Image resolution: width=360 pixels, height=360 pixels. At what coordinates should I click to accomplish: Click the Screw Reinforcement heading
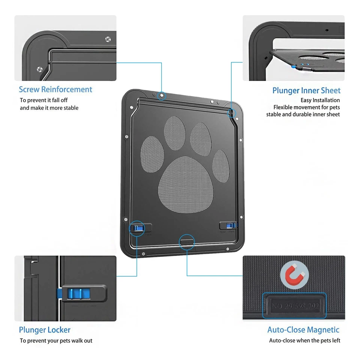(55, 89)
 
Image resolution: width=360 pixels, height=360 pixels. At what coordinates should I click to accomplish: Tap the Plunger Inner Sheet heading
(306, 90)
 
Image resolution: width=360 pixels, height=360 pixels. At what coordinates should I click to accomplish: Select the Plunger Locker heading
(45, 330)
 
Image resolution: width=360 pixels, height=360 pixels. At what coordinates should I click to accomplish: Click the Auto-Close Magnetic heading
(303, 330)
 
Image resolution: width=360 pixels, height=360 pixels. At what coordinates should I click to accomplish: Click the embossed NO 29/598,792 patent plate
(294, 306)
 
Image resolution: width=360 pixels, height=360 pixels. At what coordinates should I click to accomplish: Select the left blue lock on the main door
(137, 228)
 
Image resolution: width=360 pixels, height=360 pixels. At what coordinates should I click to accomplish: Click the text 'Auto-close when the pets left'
(304, 340)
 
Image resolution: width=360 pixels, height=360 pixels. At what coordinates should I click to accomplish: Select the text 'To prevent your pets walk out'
(56, 340)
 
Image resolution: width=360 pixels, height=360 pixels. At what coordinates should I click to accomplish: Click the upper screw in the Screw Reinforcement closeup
(107, 39)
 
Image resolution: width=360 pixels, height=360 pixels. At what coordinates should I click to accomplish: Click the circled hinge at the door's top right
(232, 112)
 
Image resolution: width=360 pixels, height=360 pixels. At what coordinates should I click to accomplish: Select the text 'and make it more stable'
(49, 108)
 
